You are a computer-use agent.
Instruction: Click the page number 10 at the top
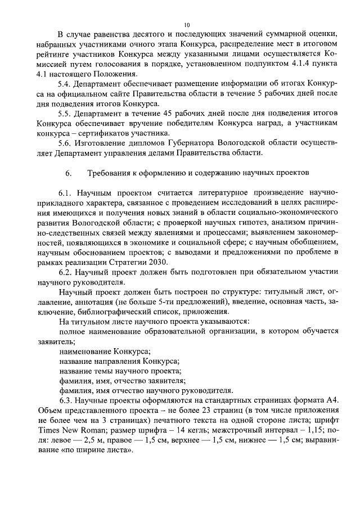point(187,25)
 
